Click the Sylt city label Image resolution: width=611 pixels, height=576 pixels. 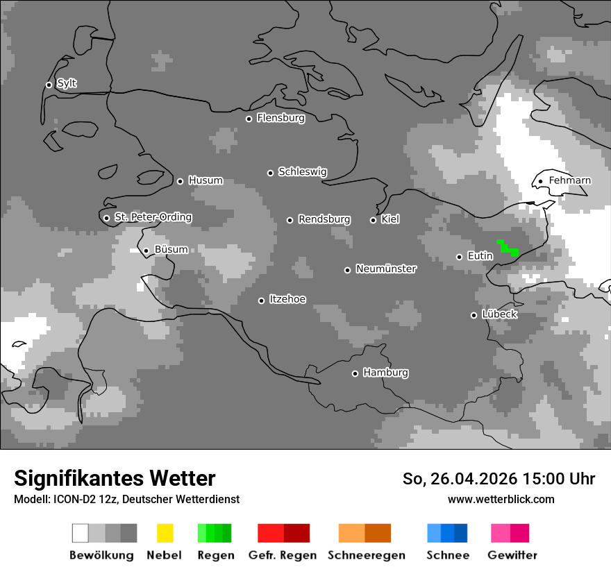tap(67, 84)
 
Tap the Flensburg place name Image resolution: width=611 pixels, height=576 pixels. tap(281, 118)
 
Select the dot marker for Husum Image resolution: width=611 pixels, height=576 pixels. tap(180, 181)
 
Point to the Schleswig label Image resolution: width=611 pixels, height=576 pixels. tap(302, 172)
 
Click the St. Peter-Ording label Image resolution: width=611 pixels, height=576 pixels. tap(153, 217)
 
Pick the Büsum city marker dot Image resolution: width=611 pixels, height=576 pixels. tap(146, 251)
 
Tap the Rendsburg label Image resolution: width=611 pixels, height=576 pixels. tap(324, 219)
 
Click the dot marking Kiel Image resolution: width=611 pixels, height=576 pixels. tap(373, 220)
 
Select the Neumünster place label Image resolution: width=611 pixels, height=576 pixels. tap(385, 269)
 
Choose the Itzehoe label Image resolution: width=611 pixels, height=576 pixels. tap(287, 299)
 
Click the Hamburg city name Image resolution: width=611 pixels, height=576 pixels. tap(385, 373)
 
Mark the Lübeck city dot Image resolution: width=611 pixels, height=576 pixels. tap(474, 315)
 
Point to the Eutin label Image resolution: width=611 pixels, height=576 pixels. tap(480, 256)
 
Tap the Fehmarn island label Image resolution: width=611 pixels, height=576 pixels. tap(569, 180)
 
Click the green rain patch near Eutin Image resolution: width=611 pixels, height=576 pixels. tap(508, 248)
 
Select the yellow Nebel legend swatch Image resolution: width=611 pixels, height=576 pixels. tap(165, 533)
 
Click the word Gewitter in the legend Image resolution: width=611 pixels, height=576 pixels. tap(512, 555)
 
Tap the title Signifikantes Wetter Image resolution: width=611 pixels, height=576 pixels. tap(115, 478)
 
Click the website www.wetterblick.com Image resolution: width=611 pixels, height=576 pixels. tap(501, 499)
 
